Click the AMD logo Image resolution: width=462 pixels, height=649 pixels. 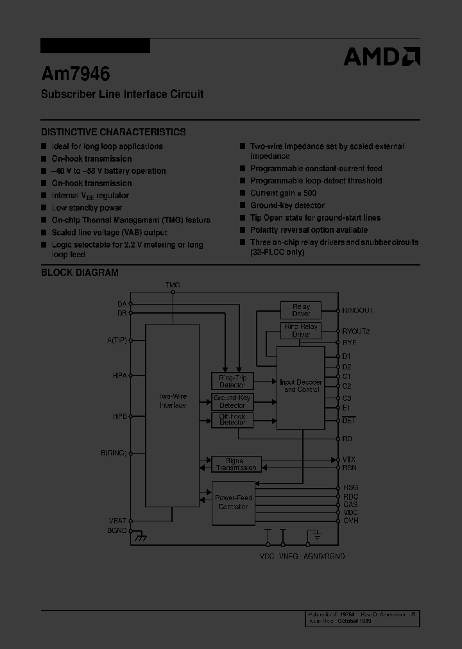[382, 56]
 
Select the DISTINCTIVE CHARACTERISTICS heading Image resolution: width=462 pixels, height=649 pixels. [114, 131]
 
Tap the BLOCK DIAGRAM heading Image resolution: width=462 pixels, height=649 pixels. [80, 272]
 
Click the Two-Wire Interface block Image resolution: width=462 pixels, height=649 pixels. [172, 401]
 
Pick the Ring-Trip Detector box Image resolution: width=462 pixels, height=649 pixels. [232, 381]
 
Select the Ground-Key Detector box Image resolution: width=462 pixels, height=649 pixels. [232, 401]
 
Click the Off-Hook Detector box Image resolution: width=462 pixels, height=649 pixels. [232, 420]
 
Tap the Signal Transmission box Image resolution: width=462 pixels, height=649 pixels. [236, 464]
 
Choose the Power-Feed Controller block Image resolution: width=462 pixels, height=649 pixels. [233, 502]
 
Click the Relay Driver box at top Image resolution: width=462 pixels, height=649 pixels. [301, 310]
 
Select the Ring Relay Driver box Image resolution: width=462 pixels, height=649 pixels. [301, 331]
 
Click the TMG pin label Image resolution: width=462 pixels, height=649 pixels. [173, 284]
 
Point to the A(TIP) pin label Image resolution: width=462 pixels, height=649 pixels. [117, 340]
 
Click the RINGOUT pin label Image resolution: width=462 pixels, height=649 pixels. [357, 310]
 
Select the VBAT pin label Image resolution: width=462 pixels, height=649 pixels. [117, 521]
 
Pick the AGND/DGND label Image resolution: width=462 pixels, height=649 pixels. [324, 556]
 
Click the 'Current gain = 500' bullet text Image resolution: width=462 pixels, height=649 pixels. [283, 193]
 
